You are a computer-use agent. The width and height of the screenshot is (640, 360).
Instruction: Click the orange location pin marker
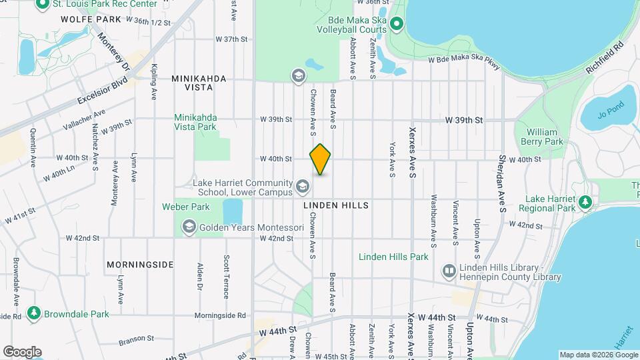pyautogui.click(x=320, y=159)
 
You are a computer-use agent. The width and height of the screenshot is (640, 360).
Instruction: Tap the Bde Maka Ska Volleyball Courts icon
pyautogui.click(x=396, y=25)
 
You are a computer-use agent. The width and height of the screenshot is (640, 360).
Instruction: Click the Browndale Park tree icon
pyautogui.click(x=33, y=313)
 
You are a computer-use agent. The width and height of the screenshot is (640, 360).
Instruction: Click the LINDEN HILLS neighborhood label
pyautogui.click(x=335, y=206)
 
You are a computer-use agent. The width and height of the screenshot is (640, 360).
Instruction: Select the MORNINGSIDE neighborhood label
pyautogui.click(x=140, y=265)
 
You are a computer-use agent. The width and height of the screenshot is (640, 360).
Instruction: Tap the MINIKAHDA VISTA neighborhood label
pyautogui.click(x=199, y=79)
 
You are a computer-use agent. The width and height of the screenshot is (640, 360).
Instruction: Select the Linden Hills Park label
pyautogui.click(x=393, y=257)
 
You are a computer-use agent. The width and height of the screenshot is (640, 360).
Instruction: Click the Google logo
pyautogui.click(x=22, y=351)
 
